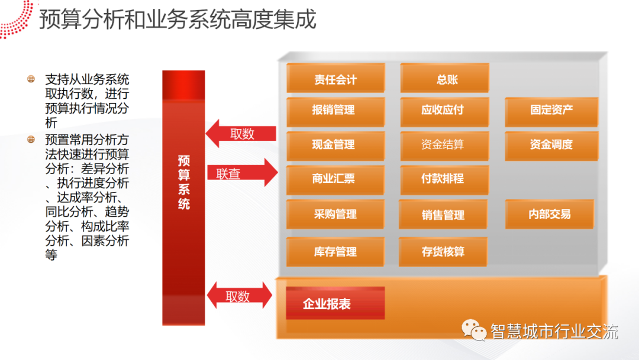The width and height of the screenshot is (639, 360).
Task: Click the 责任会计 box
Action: point(335,79)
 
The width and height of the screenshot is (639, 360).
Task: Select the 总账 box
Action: point(445,79)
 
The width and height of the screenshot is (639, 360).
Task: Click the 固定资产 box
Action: point(551,111)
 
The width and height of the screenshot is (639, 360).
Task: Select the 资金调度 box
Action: point(551,144)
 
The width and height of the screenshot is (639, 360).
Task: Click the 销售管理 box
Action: point(443,215)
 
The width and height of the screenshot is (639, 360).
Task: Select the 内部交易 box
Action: point(550,214)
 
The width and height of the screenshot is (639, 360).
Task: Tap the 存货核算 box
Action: point(443,252)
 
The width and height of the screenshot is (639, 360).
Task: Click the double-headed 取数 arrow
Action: point(239,296)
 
